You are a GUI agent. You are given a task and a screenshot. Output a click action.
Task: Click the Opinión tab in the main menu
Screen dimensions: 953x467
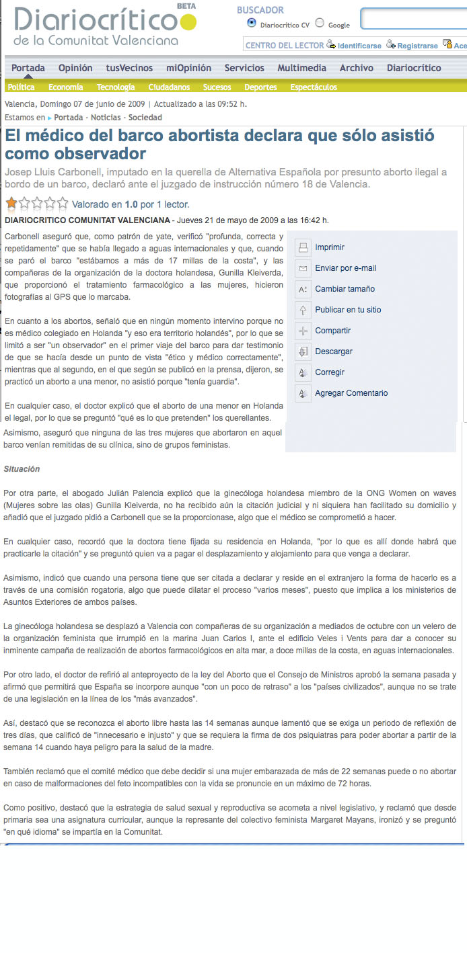tap(75, 68)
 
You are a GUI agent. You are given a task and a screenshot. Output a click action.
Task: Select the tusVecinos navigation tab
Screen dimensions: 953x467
tap(129, 68)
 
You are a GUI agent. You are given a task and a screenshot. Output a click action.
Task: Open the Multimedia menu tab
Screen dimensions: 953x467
tap(301, 68)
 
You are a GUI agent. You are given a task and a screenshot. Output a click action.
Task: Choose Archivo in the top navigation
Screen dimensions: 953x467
tap(356, 68)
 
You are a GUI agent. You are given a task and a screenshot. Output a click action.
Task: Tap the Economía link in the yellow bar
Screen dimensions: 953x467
tap(66, 87)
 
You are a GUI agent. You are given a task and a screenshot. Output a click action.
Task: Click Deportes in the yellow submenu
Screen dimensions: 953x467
tap(260, 87)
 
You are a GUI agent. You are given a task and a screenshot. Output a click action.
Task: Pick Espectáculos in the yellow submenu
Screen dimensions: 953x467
tap(314, 87)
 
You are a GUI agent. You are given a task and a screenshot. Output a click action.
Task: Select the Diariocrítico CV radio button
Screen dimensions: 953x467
tap(252, 23)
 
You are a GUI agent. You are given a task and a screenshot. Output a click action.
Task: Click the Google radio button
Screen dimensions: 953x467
tap(320, 23)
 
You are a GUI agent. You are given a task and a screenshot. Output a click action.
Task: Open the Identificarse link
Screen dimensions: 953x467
tap(359, 46)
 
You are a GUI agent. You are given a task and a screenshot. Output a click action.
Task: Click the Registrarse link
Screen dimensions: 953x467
tap(417, 46)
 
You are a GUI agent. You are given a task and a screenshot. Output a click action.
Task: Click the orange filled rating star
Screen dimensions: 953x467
tap(11, 203)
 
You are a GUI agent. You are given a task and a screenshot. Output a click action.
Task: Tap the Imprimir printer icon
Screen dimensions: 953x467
tap(303, 247)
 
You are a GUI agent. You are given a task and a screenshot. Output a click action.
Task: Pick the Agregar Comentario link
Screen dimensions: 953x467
tap(351, 393)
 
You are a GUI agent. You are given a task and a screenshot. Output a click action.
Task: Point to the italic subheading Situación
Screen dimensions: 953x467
tap(22, 469)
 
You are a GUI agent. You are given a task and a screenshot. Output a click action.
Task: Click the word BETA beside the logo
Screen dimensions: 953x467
tap(186, 6)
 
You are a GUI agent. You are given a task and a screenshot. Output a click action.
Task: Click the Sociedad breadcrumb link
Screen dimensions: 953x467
tap(145, 118)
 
